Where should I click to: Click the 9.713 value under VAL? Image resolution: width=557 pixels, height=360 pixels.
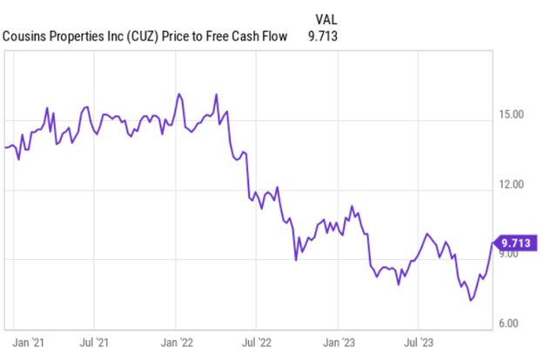323,37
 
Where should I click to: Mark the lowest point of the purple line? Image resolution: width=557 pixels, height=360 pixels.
471,300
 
